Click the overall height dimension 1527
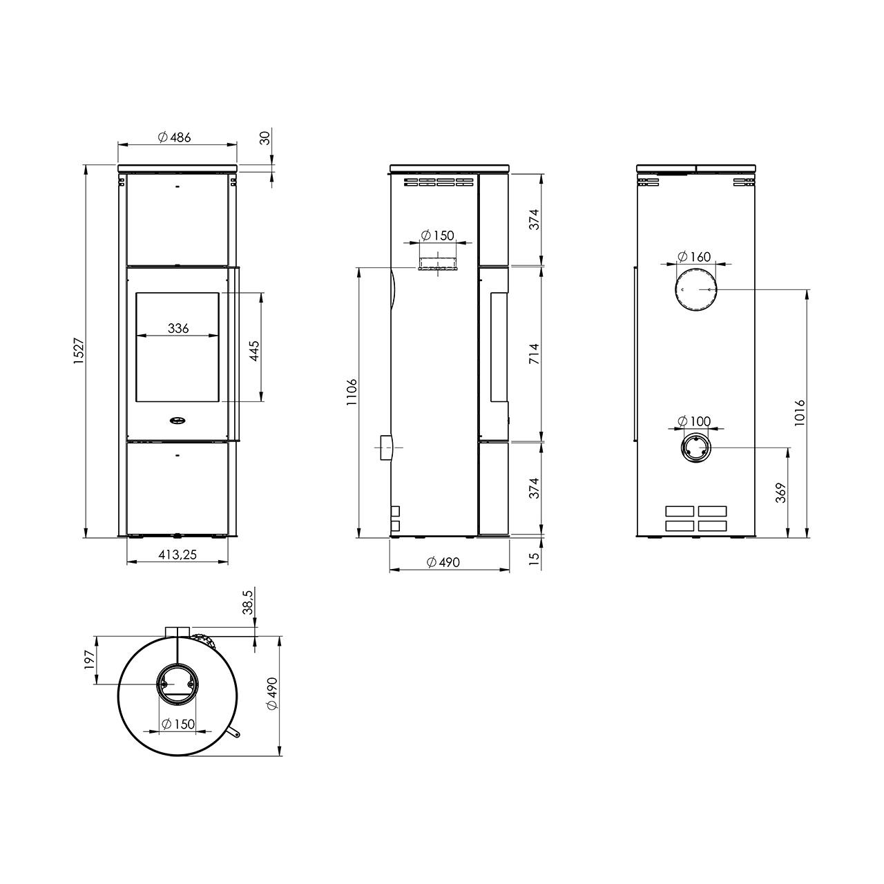point(79,351)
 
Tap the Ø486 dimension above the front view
point(174,137)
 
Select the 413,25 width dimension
point(177,555)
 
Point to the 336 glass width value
point(178,328)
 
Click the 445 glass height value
point(254,351)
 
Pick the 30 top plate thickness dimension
point(265,138)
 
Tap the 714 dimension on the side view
point(534,354)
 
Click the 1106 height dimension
point(352,392)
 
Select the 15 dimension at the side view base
point(534,558)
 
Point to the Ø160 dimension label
point(693,256)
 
